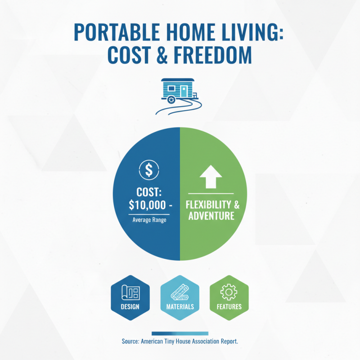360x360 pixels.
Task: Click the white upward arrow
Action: click(211, 176)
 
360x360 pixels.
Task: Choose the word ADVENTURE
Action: click(211, 216)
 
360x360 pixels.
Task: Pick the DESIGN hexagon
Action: click(130, 297)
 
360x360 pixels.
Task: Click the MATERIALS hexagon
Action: click(180, 297)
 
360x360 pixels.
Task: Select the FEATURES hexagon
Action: click(229, 297)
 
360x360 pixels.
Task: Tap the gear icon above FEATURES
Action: click(229, 292)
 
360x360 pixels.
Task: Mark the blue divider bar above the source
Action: click(180, 333)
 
